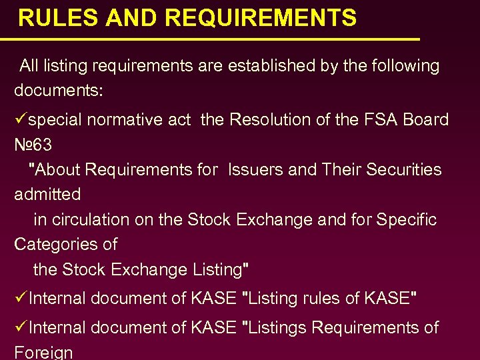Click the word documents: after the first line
59,91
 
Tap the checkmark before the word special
20,120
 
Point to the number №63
33,145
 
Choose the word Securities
398,170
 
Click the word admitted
47,195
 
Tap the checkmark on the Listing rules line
20,299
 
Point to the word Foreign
43,351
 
